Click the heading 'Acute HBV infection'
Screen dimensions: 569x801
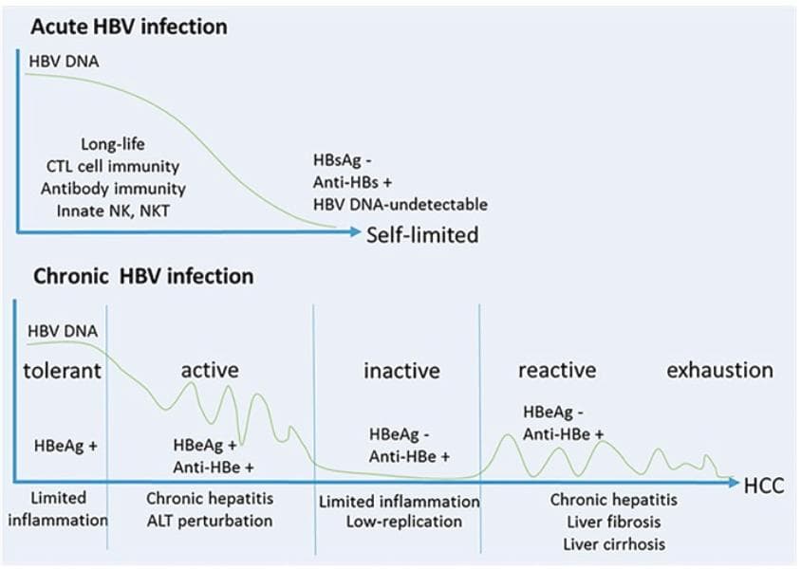point(128,26)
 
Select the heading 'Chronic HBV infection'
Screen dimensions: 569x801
point(143,277)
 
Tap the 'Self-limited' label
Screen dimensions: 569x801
point(422,233)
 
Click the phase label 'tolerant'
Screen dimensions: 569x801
point(62,370)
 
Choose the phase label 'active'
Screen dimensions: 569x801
point(210,369)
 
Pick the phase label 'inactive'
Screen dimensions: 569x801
point(401,370)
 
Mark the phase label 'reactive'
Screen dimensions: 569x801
point(557,370)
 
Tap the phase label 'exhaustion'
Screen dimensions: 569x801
point(719,370)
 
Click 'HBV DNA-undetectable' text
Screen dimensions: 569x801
point(400,204)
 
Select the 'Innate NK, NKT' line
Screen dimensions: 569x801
point(113,209)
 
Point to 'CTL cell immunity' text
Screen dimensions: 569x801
point(113,167)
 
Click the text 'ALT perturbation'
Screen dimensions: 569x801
point(210,521)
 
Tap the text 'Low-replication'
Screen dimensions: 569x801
point(399,522)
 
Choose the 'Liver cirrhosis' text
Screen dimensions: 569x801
point(614,544)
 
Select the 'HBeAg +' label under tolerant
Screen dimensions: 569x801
point(65,445)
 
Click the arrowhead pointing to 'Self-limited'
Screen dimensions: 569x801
point(355,231)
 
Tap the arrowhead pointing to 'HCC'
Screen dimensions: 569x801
point(734,483)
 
